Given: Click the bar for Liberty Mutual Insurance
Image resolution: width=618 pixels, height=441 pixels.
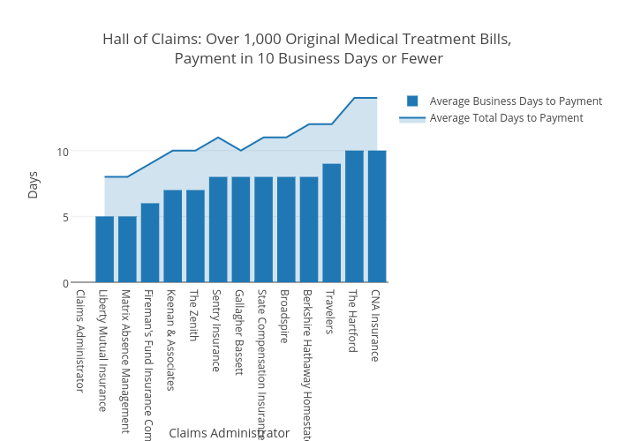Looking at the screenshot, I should [104, 250].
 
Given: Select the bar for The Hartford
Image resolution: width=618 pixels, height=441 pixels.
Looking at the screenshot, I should [354, 217].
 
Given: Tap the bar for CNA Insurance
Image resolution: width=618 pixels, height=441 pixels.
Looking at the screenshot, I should [377, 217].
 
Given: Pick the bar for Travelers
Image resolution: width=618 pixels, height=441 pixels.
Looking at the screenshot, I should [331, 223].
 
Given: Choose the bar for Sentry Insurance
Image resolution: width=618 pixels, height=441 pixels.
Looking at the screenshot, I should [218, 230].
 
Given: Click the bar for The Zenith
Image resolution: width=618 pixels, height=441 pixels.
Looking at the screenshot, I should [195, 236].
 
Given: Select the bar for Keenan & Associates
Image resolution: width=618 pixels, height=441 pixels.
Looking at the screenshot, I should [172, 236].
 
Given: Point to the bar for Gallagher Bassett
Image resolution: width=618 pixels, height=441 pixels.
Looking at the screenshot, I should [240, 230].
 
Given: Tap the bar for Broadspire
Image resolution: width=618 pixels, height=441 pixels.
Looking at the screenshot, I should [286, 230].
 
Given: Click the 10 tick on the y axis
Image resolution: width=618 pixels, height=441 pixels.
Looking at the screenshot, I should [63, 152].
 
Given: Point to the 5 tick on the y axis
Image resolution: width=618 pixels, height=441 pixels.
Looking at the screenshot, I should [65, 217].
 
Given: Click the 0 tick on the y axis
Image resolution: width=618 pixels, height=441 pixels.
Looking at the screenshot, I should [65, 283].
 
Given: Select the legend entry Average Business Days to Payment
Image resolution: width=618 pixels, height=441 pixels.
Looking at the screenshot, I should [516, 101].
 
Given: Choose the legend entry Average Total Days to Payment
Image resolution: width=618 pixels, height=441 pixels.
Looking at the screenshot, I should [506, 118].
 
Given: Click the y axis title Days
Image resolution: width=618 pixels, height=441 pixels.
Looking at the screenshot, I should [34, 184].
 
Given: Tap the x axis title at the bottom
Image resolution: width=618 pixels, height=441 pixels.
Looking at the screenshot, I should [229, 433].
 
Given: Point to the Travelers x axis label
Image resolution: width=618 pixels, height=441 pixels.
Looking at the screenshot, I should [329, 312].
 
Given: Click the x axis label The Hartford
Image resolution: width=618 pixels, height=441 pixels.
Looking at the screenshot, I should [352, 321].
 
